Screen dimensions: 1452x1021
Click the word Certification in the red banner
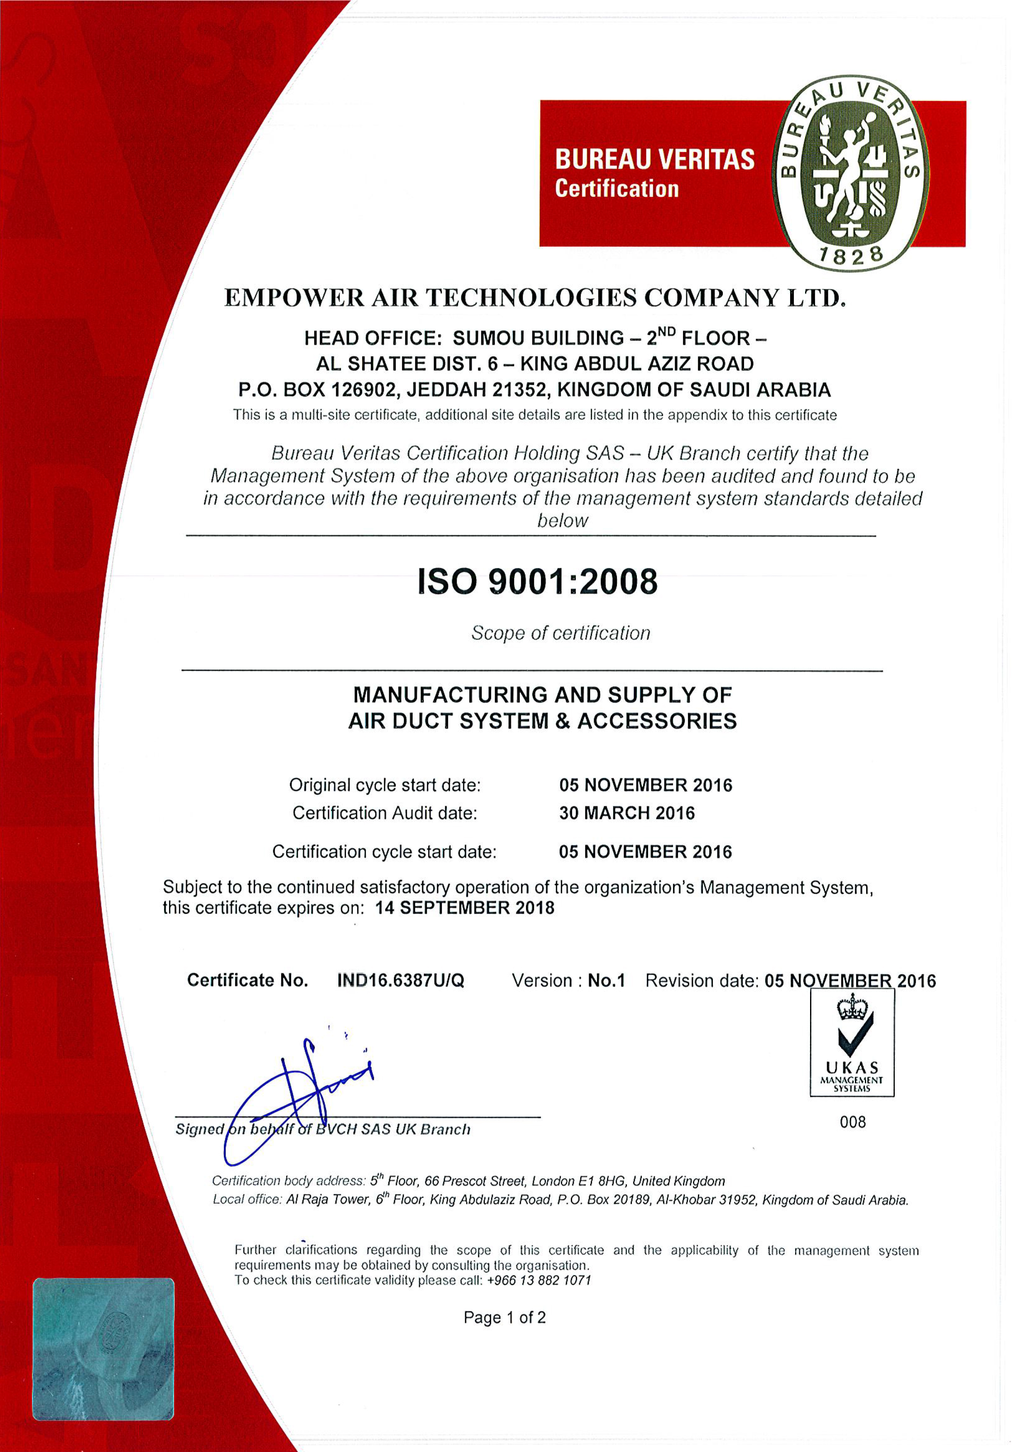tap(617, 189)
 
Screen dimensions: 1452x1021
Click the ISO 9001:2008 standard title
tap(538, 582)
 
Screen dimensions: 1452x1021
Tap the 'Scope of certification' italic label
tap(561, 633)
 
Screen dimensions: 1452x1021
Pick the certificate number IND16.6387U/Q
tap(400, 980)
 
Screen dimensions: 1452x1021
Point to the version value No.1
tap(606, 980)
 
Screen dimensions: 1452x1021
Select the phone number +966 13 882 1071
tap(539, 1280)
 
